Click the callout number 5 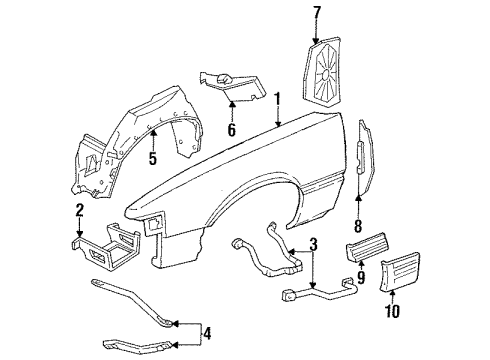tap(152, 158)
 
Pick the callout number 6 tap(231, 130)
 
